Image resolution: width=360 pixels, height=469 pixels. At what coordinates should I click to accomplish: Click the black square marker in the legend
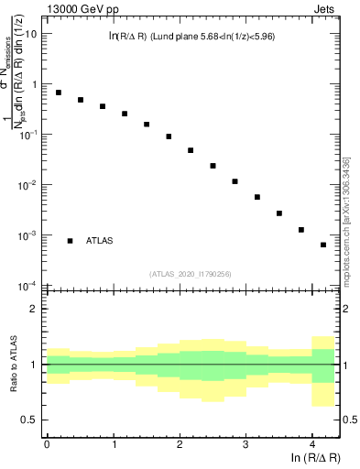point(71,241)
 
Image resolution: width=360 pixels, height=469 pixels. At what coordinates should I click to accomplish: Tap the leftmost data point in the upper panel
point(59,93)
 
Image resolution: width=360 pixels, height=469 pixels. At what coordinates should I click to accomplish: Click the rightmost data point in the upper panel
point(323,245)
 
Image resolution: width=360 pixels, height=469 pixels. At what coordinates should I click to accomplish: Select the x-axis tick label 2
point(180,444)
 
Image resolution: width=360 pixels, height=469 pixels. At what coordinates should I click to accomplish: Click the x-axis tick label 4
point(312,444)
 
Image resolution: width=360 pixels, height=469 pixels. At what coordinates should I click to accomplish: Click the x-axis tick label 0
point(46,444)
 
